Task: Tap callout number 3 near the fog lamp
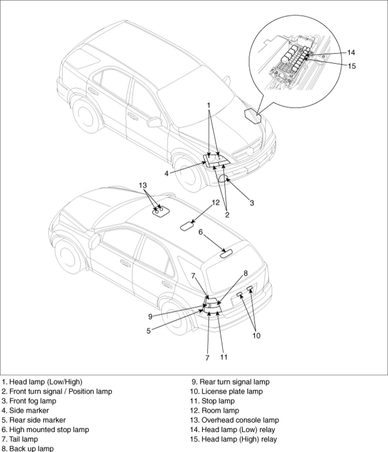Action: pos(252,203)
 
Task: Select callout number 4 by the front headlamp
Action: pos(167,173)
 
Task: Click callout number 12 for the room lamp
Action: pos(216,203)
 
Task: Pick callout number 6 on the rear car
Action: pos(201,232)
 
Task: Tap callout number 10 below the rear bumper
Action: pos(256,335)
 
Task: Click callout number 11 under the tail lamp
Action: pos(224,357)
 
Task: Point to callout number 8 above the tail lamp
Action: pos(245,273)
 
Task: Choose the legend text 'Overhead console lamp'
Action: pos(235,420)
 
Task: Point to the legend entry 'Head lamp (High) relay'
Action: pos(234,439)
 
